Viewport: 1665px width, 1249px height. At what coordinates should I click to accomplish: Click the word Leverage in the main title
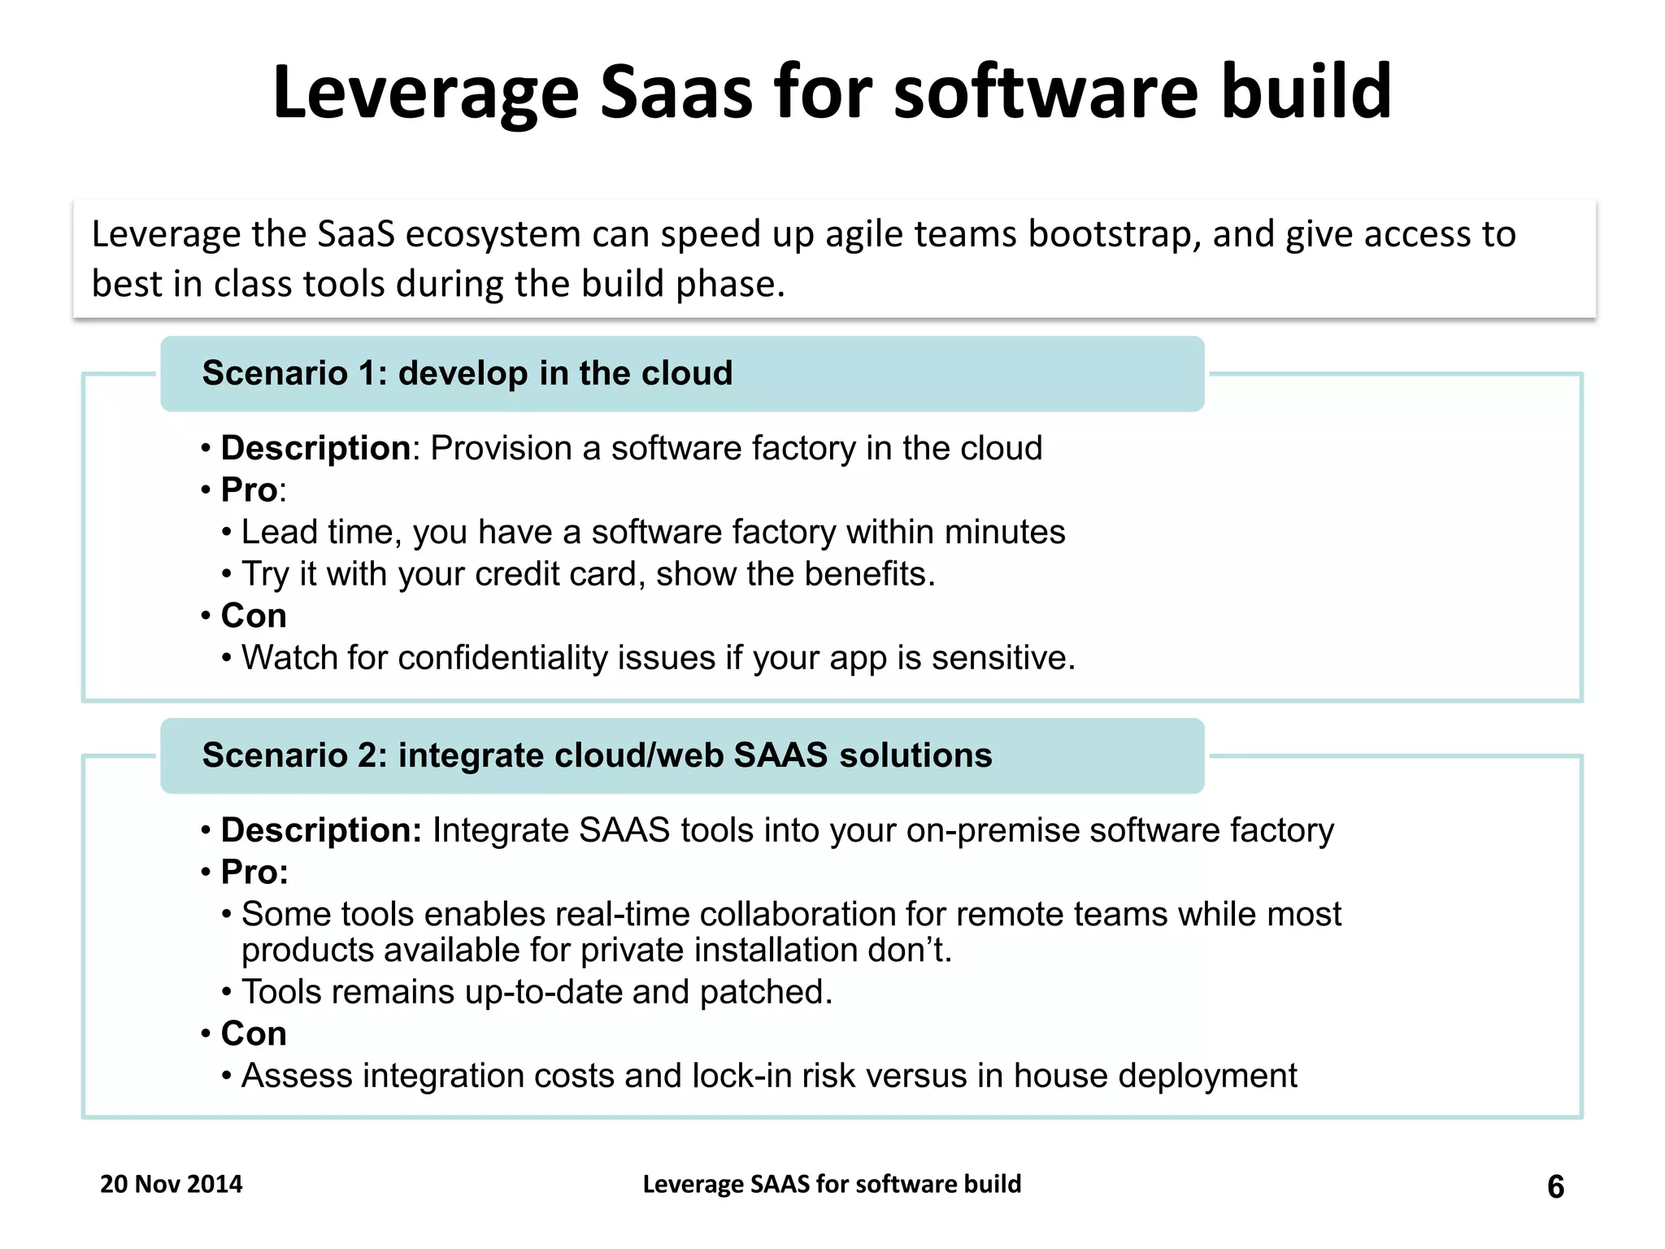tap(425, 94)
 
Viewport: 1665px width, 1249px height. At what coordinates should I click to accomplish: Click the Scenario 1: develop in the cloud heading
tap(467, 373)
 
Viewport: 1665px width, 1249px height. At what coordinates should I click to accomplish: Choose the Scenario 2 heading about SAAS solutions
tap(597, 755)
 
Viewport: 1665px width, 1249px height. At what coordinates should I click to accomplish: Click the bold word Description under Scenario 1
tap(315, 448)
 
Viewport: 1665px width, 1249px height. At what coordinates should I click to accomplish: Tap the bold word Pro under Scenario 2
tap(254, 873)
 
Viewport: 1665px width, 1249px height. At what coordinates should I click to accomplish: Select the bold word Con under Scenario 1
tap(254, 616)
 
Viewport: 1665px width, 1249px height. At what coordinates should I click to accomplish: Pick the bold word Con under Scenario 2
tap(254, 1034)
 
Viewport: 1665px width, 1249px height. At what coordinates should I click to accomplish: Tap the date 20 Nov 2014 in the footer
tap(171, 1184)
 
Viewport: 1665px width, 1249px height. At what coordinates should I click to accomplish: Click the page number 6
tap(1555, 1187)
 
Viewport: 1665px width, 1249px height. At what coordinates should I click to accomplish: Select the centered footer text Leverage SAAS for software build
tap(832, 1184)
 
